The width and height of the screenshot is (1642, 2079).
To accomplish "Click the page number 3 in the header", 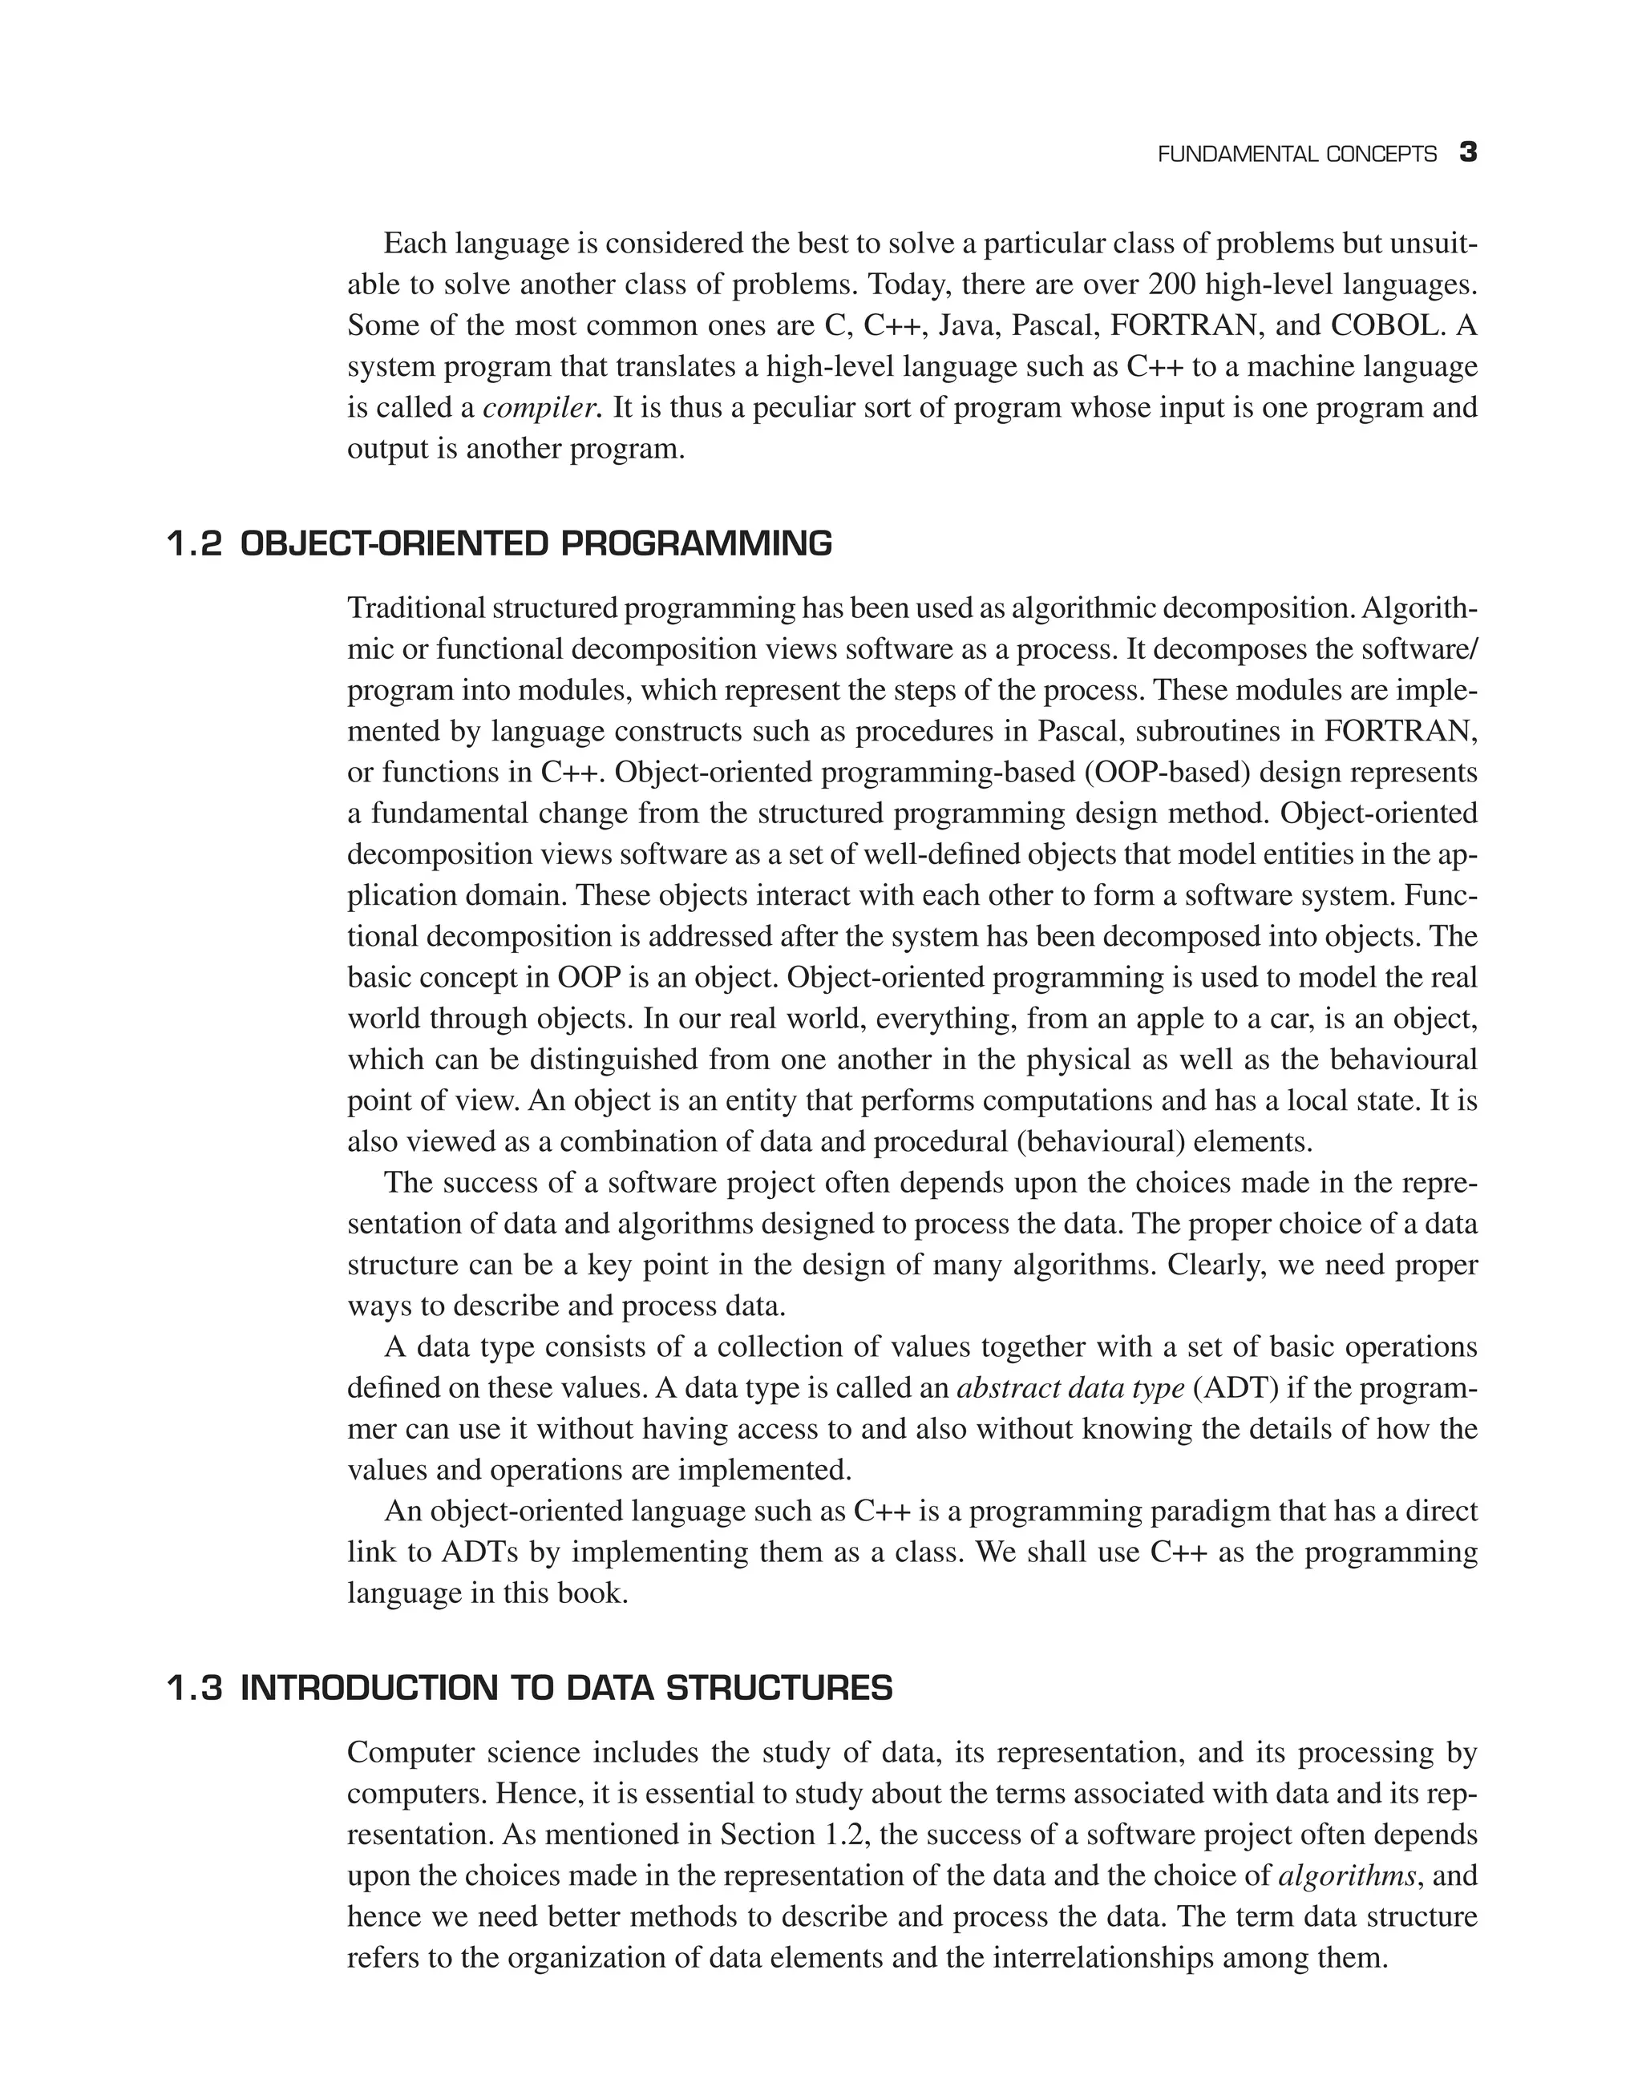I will pyautogui.click(x=1468, y=153).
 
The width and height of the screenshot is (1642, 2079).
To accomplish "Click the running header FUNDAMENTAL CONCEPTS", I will pyautogui.click(x=1297, y=155).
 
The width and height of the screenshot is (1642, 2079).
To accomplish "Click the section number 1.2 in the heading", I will pyautogui.click(x=195, y=545).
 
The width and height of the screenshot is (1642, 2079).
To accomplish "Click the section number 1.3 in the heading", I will pyautogui.click(x=195, y=1688).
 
